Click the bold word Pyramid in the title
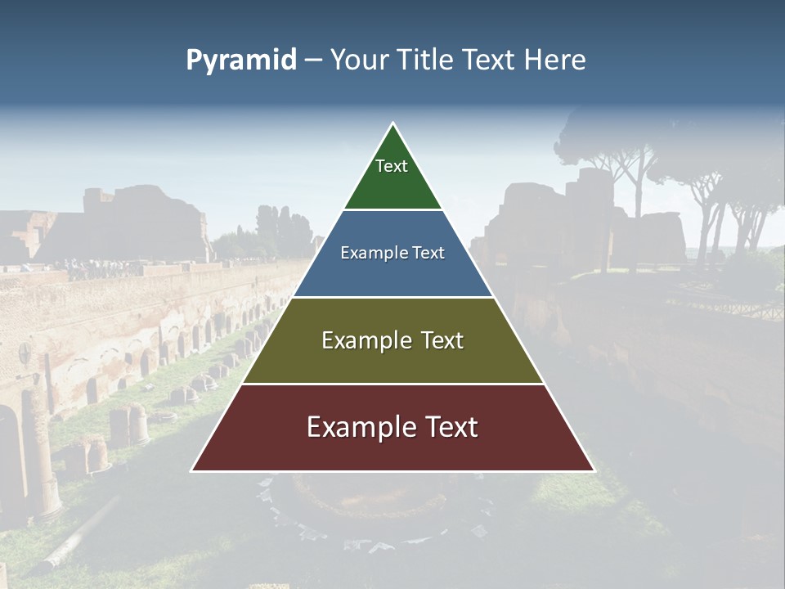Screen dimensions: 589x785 (241, 60)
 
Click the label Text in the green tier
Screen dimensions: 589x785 (392, 166)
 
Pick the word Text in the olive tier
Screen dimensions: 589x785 (437, 340)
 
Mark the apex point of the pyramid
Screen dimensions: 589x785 (393, 124)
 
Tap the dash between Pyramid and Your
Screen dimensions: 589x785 (312, 60)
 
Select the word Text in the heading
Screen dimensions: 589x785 (489, 60)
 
